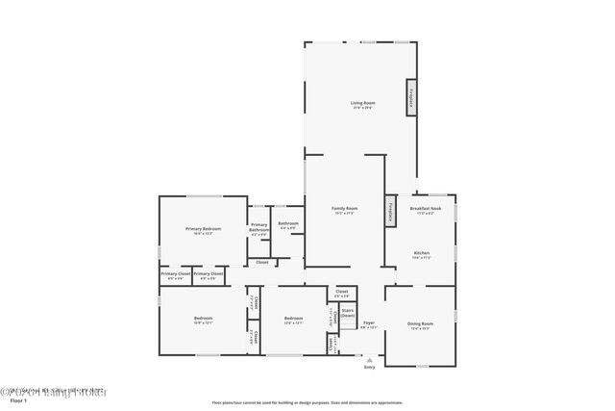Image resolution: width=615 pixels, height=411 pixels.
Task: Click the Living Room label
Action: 362,103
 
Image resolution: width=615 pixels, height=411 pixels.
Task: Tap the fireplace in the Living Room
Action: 411,98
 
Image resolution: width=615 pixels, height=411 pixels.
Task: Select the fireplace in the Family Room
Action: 390,211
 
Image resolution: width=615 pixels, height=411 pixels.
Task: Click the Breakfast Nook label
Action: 425,209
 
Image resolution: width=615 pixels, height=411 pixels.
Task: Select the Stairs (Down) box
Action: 347,313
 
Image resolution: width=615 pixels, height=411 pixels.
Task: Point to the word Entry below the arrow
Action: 369,367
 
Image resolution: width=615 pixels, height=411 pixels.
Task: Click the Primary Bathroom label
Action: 259,229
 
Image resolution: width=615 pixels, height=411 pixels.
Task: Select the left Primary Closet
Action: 175,274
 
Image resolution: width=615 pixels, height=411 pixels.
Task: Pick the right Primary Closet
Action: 208,274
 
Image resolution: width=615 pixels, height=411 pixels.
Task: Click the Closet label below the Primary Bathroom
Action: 261,262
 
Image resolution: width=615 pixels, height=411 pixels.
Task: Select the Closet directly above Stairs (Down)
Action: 342,293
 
